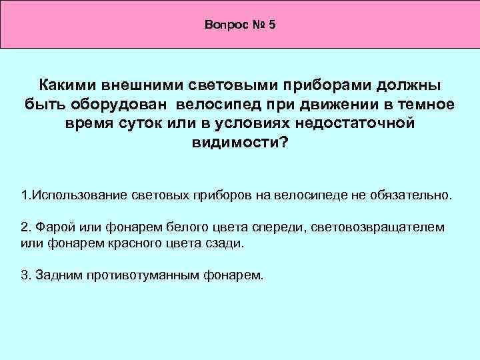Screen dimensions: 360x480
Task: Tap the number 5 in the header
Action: pyautogui.click(x=272, y=25)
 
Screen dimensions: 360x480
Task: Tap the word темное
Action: pyautogui.click(x=421, y=105)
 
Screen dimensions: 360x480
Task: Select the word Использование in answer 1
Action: pyautogui.click(x=72, y=197)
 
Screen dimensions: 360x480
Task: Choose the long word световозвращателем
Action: pyautogui.click(x=377, y=228)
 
